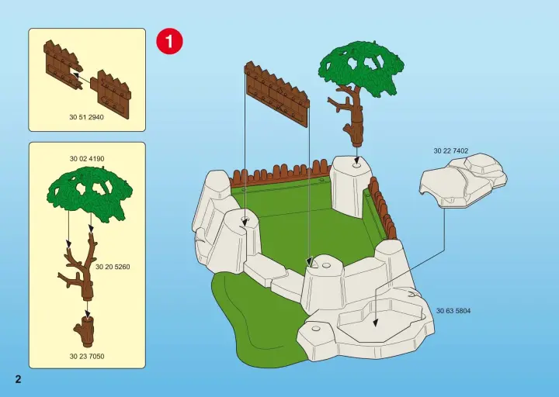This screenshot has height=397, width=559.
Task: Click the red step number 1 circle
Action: (x=169, y=41)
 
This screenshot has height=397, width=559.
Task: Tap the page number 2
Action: (x=18, y=379)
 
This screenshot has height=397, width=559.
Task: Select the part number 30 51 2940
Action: (x=87, y=117)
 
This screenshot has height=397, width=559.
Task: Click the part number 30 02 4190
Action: (x=87, y=159)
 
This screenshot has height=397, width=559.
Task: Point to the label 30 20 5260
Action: (x=113, y=267)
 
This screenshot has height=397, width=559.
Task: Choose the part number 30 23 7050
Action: (x=87, y=356)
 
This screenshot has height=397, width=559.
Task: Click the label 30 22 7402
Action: (x=451, y=151)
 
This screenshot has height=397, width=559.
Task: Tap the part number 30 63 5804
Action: (x=453, y=311)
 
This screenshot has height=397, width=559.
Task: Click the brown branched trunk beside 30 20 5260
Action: (x=80, y=265)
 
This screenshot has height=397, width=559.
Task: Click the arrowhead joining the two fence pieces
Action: (x=75, y=74)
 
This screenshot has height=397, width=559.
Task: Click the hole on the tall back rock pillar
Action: (x=356, y=166)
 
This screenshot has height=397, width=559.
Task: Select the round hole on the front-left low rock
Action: (x=315, y=328)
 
